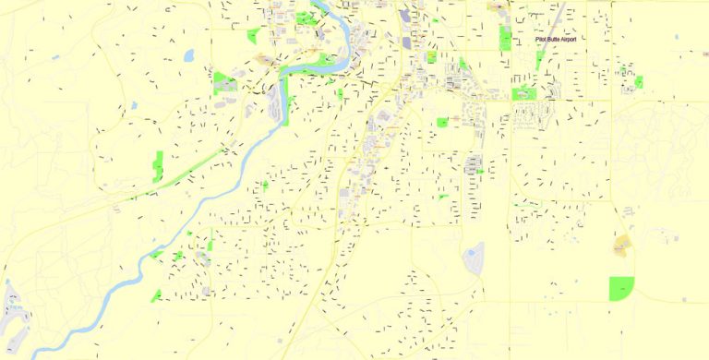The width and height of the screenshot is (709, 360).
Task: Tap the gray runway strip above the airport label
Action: [559, 16]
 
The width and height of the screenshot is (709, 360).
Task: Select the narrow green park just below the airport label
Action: [539, 59]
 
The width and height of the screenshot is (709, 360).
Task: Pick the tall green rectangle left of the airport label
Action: [505, 38]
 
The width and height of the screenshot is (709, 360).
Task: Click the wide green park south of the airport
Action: [523, 93]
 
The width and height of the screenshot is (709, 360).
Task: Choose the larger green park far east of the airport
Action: [638, 82]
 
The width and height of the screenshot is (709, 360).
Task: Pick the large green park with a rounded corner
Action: [621, 288]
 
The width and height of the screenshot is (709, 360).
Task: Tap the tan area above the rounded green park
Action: [621, 245]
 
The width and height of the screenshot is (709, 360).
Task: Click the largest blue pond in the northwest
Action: [189, 55]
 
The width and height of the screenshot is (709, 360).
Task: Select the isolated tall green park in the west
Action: [158, 165]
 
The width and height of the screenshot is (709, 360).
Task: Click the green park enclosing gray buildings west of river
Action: [224, 82]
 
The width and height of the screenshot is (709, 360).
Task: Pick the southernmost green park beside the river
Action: [156, 295]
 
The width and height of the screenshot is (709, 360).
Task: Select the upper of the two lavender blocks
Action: [407, 16]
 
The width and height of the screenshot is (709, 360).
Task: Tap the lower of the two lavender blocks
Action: [407, 40]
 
